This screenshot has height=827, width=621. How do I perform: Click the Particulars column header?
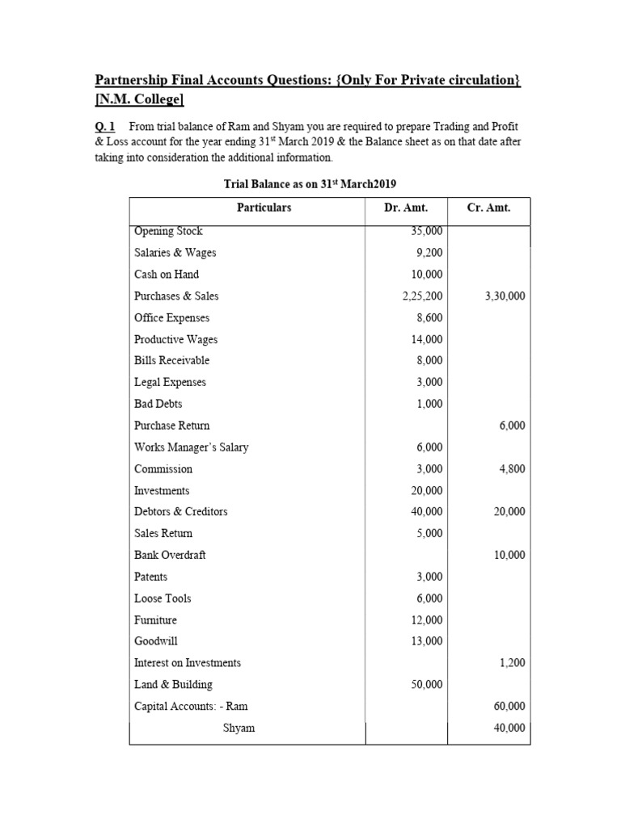(x=264, y=208)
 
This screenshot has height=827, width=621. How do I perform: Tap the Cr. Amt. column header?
(x=488, y=208)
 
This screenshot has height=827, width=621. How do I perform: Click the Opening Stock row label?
(x=168, y=231)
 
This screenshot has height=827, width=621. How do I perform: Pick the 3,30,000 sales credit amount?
(x=505, y=296)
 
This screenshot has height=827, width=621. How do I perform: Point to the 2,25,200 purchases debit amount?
(x=423, y=296)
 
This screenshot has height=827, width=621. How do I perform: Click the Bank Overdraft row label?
(x=170, y=555)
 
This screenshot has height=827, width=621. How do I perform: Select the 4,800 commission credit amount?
(x=510, y=468)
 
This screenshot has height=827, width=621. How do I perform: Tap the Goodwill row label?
(x=155, y=641)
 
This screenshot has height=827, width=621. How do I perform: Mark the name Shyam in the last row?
(x=239, y=728)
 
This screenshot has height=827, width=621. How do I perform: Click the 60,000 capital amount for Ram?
(x=509, y=706)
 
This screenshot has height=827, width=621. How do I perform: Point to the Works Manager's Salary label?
(x=192, y=447)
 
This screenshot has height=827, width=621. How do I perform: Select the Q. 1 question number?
(x=106, y=128)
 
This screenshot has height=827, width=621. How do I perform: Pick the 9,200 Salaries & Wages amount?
(x=429, y=253)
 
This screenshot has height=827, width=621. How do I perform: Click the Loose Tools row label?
(x=163, y=598)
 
